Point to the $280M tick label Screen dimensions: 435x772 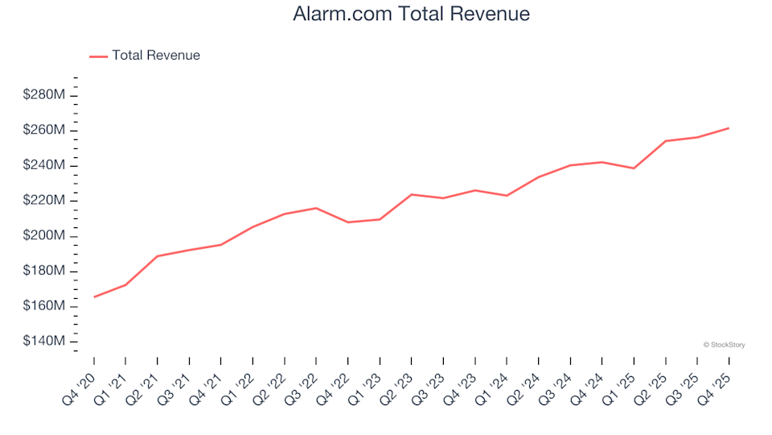44,95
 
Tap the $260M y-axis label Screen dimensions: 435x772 44,130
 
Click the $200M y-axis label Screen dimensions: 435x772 44,236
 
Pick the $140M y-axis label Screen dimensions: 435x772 44,342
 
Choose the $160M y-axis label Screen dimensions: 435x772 44,306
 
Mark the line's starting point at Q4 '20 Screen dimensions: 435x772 94,297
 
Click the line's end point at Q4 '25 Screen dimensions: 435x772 729,128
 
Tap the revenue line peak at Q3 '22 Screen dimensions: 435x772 316,208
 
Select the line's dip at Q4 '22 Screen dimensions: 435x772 348,222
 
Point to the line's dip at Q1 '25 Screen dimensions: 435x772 634,168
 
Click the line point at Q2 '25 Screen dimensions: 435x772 666,141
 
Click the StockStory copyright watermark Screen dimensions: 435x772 724,345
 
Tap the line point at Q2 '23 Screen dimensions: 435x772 412,194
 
